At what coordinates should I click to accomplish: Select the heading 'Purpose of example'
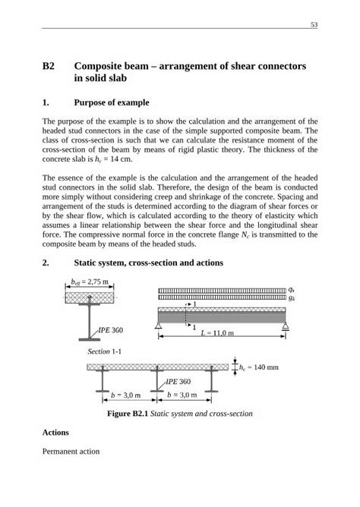click(112, 102)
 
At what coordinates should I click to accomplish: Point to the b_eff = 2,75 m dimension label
click(90, 282)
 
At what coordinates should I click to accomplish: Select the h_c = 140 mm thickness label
click(260, 367)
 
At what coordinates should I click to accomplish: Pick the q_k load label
click(292, 290)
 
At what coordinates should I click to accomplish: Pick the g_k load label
click(292, 298)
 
